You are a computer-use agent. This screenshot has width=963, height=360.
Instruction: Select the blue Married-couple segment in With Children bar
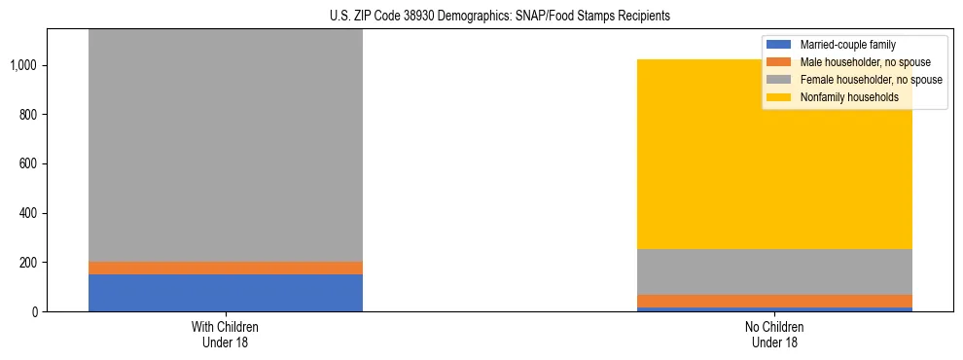pyautogui.click(x=226, y=293)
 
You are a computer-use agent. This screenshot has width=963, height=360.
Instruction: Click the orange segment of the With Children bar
pyautogui.click(x=226, y=268)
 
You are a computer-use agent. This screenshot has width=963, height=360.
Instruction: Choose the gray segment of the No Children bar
pyautogui.click(x=775, y=271)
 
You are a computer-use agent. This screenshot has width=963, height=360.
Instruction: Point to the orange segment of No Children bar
pyautogui.click(x=775, y=301)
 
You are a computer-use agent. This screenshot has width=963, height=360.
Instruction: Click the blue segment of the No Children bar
pyautogui.click(x=775, y=309)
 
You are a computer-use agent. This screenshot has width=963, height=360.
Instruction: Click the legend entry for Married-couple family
pyautogui.click(x=847, y=45)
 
